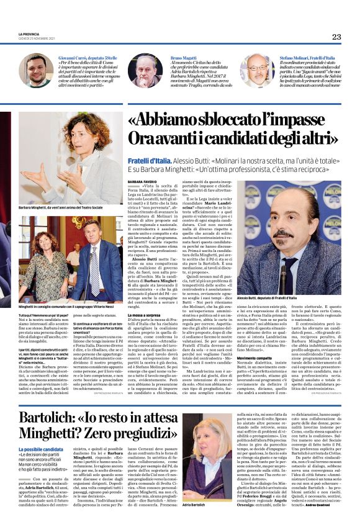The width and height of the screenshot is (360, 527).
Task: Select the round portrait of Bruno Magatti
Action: [x=146, y=71]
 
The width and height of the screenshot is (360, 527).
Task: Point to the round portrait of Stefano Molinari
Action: [x=257, y=71]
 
